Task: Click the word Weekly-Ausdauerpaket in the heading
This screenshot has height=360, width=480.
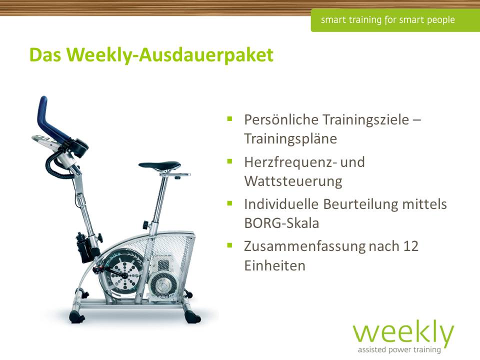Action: tap(170, 55)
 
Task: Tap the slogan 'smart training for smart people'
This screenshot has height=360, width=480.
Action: tap(387, 20)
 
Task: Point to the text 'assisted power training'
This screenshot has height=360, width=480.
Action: tap(399, 349)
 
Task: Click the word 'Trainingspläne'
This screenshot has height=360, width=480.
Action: tap(290, 139)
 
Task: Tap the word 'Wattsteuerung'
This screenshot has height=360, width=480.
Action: tap(293, 181)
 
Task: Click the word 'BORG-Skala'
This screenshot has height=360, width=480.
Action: tap(281, 223)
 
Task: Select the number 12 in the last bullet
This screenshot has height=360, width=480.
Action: tap(410, 246)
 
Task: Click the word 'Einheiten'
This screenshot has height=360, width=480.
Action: tap(274, 265)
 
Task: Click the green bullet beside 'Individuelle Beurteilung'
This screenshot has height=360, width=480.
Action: tap(230, 203)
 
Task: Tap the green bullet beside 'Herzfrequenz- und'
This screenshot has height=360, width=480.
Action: tap(230, 161)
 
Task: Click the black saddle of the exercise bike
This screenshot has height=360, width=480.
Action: tap(160, 165)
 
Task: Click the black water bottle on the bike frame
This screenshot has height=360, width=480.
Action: tap(83, 247)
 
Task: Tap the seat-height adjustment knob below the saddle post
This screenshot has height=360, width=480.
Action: tap(145, 225)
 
